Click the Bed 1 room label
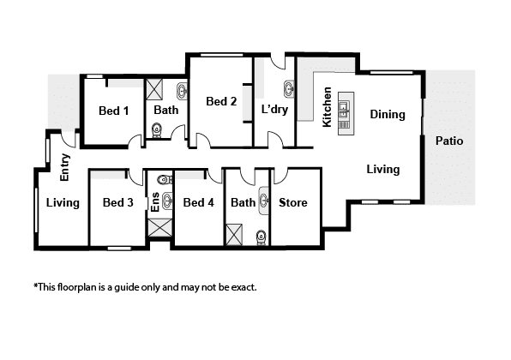114,111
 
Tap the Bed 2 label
221,101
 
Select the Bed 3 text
118,202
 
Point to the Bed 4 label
198,202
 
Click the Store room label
293,202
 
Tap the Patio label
449,141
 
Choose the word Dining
388,115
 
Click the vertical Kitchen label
327,107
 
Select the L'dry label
274,110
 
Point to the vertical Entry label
65,167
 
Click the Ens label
155,202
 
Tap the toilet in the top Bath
157,130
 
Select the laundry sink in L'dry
290,89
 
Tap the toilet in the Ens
165,179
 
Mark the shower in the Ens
160,227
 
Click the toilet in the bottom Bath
261,237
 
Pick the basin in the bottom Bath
264,201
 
